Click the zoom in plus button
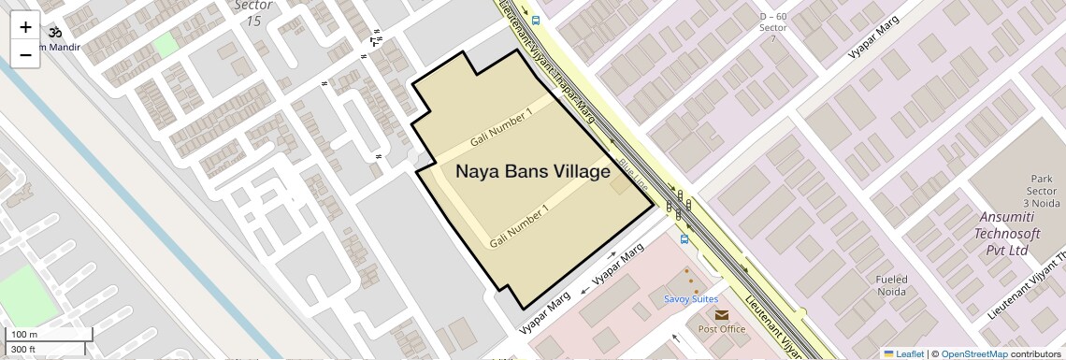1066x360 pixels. click(x=25, y=26)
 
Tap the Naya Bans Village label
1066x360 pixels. click(x=532, y=172)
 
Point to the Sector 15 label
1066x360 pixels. click(x=252, y=13)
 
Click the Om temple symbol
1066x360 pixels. click(x=54, y=31)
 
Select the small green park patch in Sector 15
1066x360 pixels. click(x=165, y=44)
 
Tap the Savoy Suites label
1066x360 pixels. click(x=691, y=299)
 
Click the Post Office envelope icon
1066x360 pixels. click(x=721, y=315)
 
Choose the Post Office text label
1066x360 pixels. click(x=721, y=329)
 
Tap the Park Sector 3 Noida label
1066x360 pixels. click(x=1043, y=191)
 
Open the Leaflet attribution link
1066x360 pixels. click(x=903, y=353)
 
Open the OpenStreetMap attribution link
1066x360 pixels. click(x=974, y=353)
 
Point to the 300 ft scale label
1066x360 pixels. click(x=23, y=350)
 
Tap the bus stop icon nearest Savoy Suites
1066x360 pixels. click(x=684, y=238)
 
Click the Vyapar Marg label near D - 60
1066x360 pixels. click(x=866, y=44)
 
